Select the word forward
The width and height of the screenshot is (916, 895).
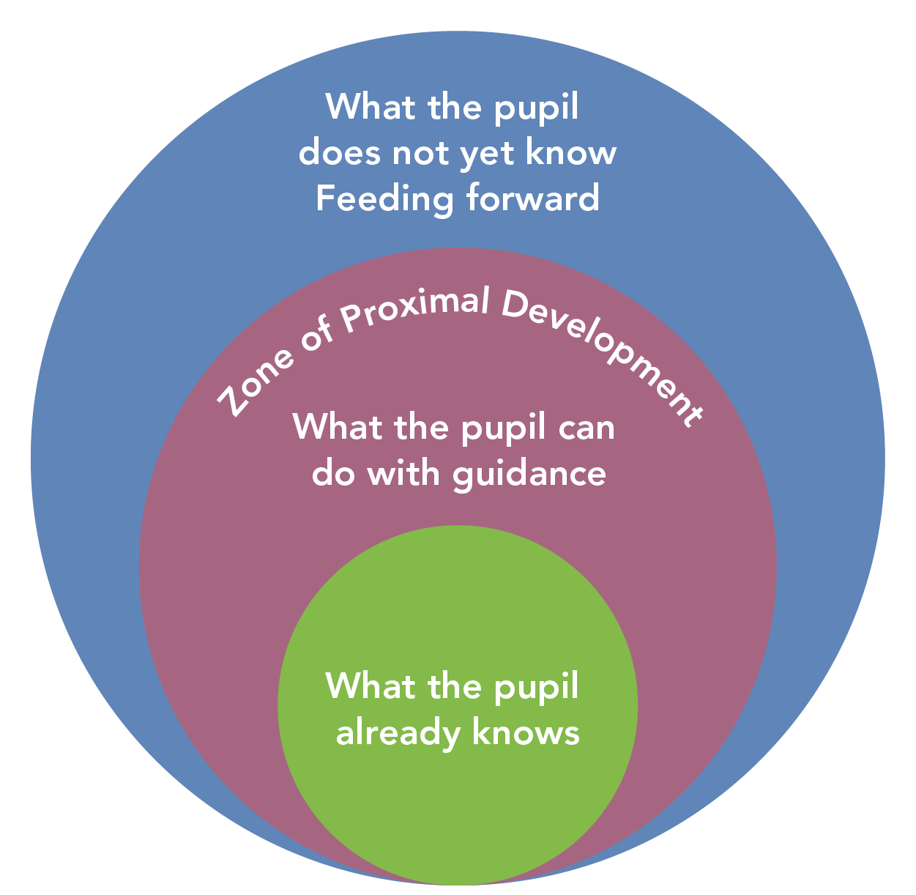click(x=533, y=198)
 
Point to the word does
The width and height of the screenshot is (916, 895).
click(x=339, y=152)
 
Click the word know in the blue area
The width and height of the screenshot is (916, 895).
click(x=580, y=152)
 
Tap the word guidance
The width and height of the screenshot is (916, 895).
click(x=529, y=474)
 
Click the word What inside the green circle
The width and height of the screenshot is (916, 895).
click(x=361, y=686)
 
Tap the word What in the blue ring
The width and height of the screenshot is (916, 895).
click(x=361, y=107)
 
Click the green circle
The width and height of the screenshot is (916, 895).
click(x=458, y=806)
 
